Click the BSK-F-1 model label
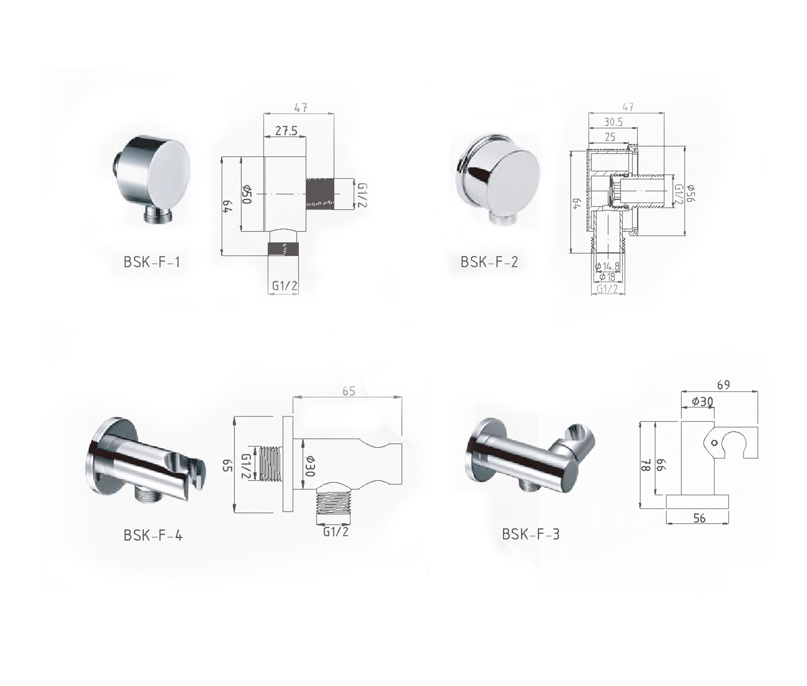pyautogui.click(x=152, y=262)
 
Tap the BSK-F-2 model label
pyautogui.click(x=489, y=262)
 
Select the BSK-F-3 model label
pyautogui.click(x=531, y=534)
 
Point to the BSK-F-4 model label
pyautogui.click(x=153, y=536)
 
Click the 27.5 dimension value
pyautogui.click(x=286, y=131)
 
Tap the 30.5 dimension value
pyautogui.click(x=613, y=122)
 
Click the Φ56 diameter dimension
pyautogui.click(x=690, y=193)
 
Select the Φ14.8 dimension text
pyautogui.click(x=607, y=267)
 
